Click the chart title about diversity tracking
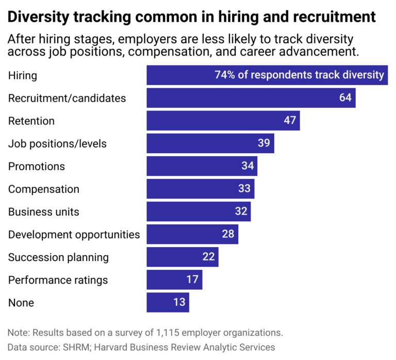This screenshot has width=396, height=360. pyautogui.click(x=192, y=17)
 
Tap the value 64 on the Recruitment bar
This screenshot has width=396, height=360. pyautogui.click(x=345, y=98)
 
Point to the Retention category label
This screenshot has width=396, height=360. pyautogui.click(x=31, y=121)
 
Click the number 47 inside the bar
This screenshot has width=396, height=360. pyautogui.click(x=290, y=121)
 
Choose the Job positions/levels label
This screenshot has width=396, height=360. pyautogui.click(x=57, y=143)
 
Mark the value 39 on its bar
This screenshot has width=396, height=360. pyautogui.click(x=264, y=143)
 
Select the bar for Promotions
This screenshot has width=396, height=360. pyautogui.click(x=202, y=166)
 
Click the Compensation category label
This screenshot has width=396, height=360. pyautogui.click(x=44, y=189)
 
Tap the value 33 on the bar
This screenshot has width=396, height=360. pyautogui.click(x=244, y=189)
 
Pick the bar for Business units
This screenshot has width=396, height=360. pyautogui.click(x=199, y=211)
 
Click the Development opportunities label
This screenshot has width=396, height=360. pyautogui.click(x=74, y=234)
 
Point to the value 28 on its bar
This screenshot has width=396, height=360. pyautogui.click(x=228, y=234)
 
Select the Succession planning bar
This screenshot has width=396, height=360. pyautogui.click(x=183, y=257)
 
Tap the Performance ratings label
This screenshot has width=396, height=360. pyautogui.click(x=58, y=280)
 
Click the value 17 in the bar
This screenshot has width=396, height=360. pyautogui.click(x=192, y=280)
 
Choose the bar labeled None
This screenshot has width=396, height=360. pyautogui.click(x=168, y=302)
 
